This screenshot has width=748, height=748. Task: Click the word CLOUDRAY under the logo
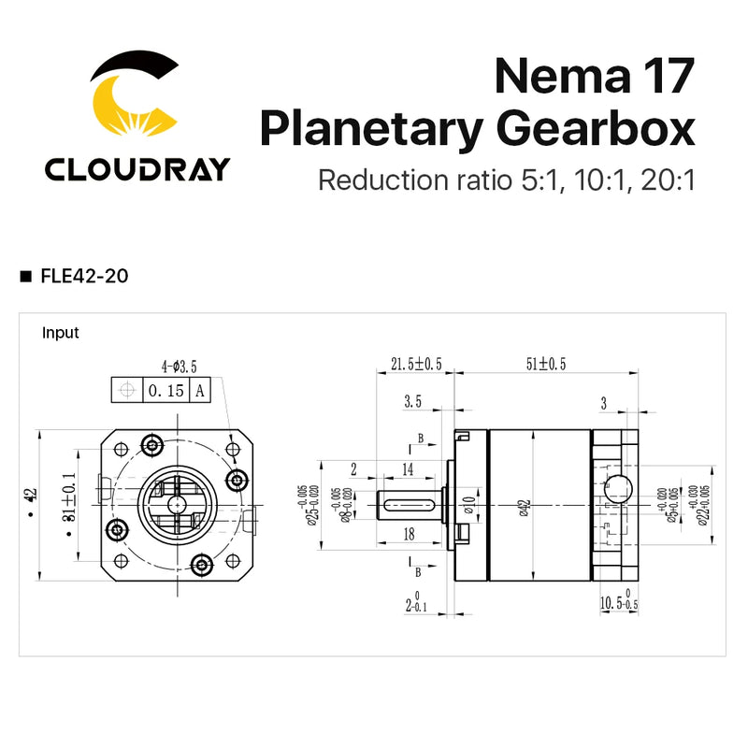pos(137,169)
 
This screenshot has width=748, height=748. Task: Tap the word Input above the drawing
pos(61,333)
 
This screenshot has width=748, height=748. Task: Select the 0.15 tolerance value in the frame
pos(165,391)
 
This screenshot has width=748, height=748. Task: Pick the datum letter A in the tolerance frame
pos(200,391)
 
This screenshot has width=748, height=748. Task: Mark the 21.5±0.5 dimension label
pos(415,364)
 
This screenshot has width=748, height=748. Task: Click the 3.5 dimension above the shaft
pos(412,402)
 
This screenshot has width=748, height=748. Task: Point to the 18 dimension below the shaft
pos(408,534)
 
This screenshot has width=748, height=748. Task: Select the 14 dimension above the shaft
pos(408,468)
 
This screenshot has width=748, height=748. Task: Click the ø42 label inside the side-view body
pos(524,506)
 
